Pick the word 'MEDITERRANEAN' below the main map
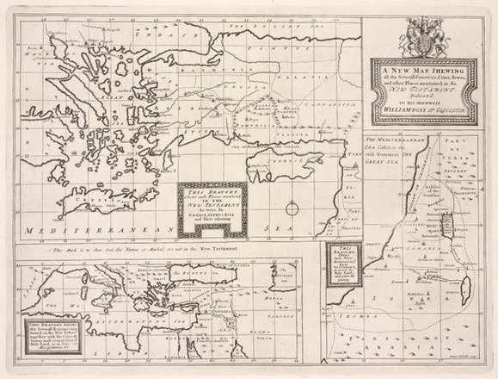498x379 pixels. (77, 230)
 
